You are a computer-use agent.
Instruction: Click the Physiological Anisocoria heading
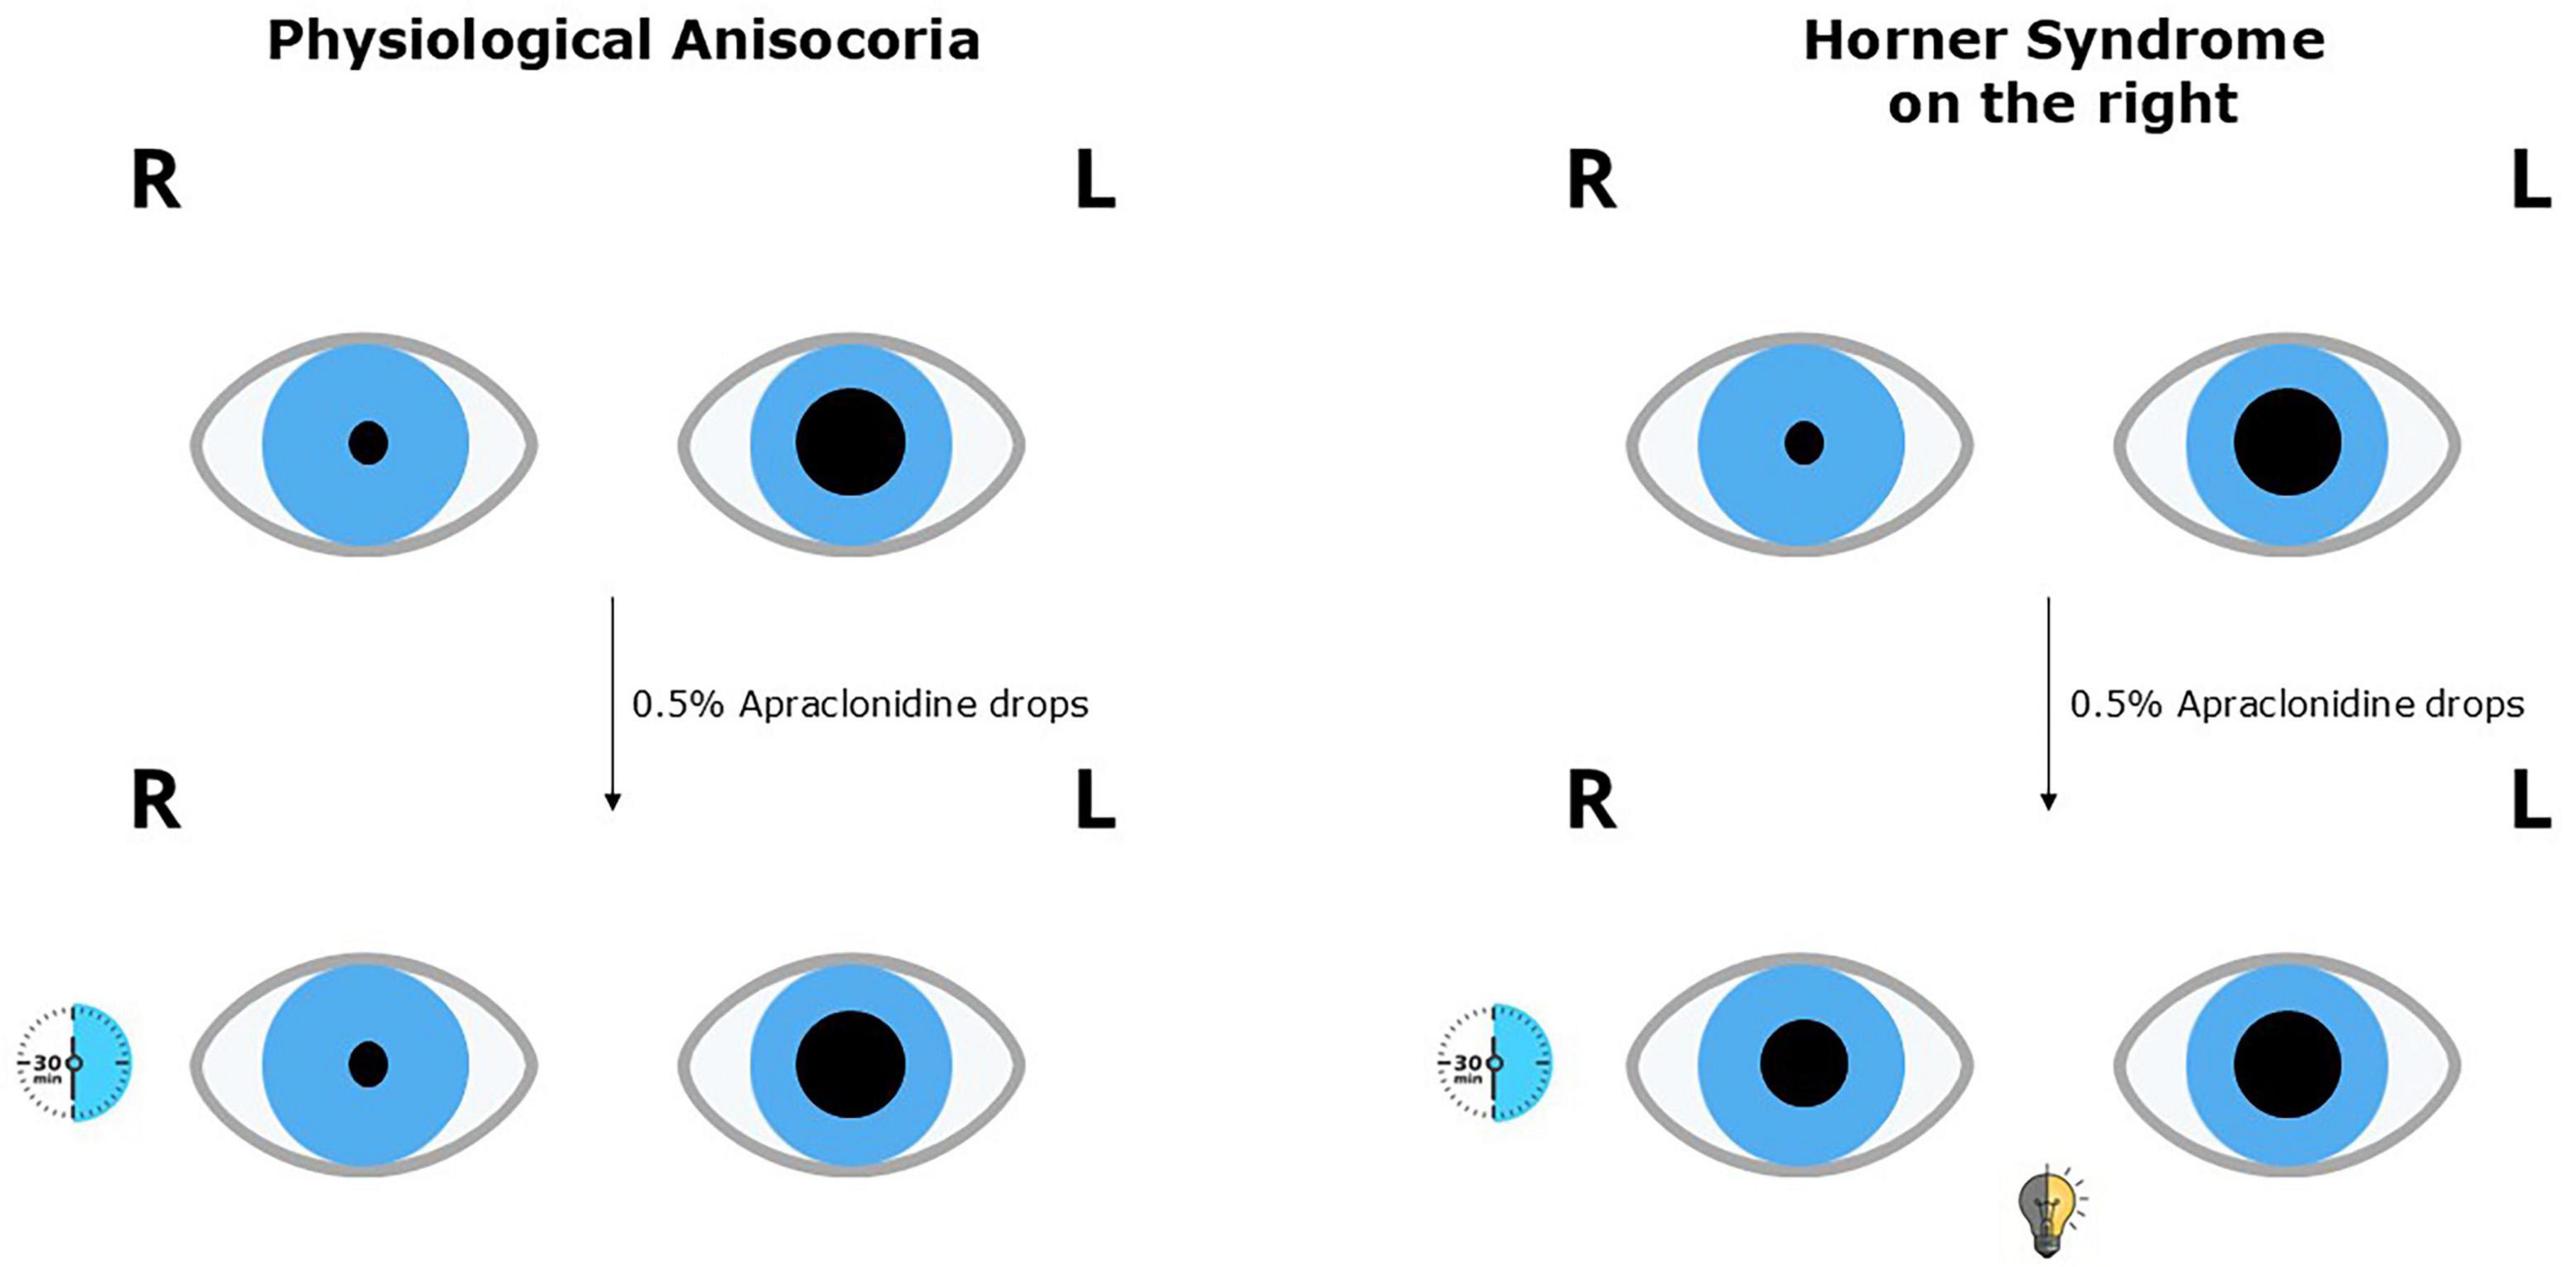click(623, 42)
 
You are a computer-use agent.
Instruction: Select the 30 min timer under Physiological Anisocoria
click(74, 1062)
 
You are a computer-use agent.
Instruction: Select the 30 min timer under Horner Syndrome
click(1493, 1062)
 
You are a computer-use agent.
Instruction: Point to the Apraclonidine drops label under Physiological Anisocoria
click(860, 705)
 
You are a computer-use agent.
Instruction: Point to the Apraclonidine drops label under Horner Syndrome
click(2297, 705)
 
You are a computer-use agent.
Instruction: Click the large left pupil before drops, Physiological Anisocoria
click(850, 442)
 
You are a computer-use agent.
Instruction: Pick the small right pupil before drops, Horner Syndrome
click(1804, 443)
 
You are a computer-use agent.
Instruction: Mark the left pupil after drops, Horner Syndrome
click(2287, 1064)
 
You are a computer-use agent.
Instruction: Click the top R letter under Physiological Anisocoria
click(156, 182)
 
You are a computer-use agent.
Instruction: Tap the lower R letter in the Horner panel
click(1592, 802)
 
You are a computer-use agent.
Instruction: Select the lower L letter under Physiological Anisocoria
click(1096, 802)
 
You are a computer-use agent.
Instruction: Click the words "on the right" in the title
click(2063, 104)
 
